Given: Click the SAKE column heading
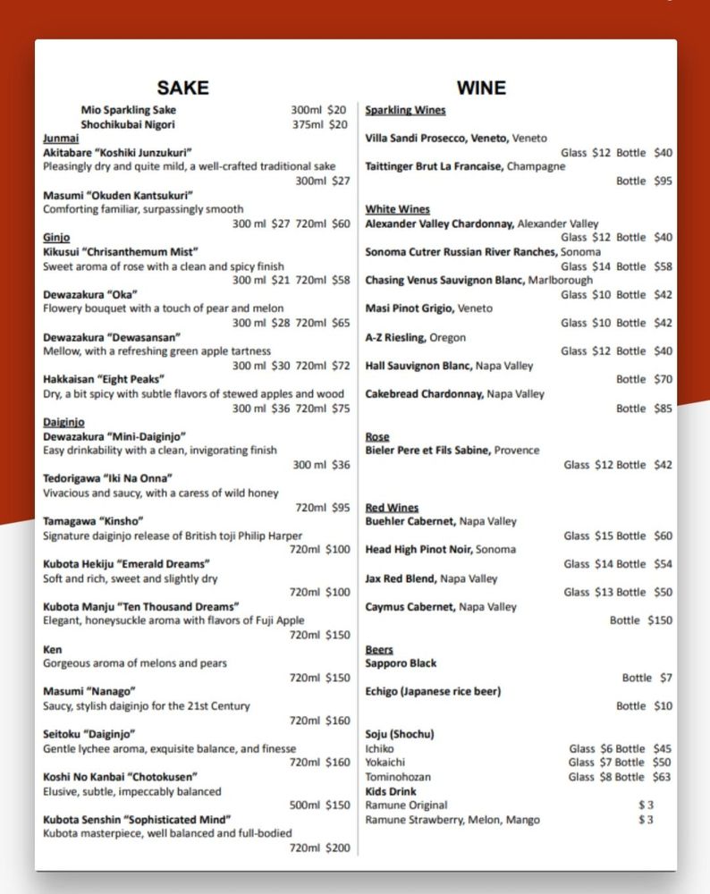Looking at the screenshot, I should [182, 88].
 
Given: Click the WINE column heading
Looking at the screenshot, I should [481, 88].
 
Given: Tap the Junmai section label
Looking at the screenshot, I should [61, 139].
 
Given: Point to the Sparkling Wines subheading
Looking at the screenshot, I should [405, 110].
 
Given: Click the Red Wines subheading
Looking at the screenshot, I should [392, 508].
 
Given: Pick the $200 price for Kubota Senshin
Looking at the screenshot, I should [338, 848].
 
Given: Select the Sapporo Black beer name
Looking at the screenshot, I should [401, 663].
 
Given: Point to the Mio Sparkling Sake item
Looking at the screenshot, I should [129, 110].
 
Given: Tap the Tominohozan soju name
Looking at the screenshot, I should [398, 777].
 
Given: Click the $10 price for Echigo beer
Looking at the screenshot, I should [662, 706].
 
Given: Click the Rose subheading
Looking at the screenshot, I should [377, 436].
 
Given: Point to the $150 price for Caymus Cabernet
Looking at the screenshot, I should [660, 620].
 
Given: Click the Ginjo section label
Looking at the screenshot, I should [56, 238].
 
